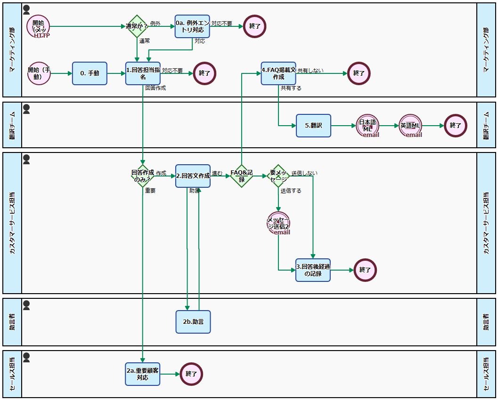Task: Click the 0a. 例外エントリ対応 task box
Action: tap(192, 26)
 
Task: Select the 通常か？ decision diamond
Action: tap(137, 26)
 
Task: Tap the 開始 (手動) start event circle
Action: tap(39, 73)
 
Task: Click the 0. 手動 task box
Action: tap(90, 73)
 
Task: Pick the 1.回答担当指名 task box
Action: tap(143, 73)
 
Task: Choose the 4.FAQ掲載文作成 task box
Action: tap(278, 73)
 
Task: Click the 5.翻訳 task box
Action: tap(313, 126)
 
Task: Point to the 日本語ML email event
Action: tap(367, 126)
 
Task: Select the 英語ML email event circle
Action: tap(410, 126)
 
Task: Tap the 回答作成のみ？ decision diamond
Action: tap(143, 176)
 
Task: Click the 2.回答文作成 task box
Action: tap(193, 176)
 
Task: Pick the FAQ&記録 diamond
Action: tap(242, 176)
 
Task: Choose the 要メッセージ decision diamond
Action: tap(278, 176)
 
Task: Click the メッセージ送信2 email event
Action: tap(278, 223)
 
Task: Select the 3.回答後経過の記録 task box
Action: tap(313, 270)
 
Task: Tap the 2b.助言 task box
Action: tap(193, 322)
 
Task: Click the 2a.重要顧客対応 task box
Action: tap(143, 374)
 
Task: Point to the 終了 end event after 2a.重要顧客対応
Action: tap(191, 374)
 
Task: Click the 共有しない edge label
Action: tap(310, 71)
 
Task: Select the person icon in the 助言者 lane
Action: tap(26, 305)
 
